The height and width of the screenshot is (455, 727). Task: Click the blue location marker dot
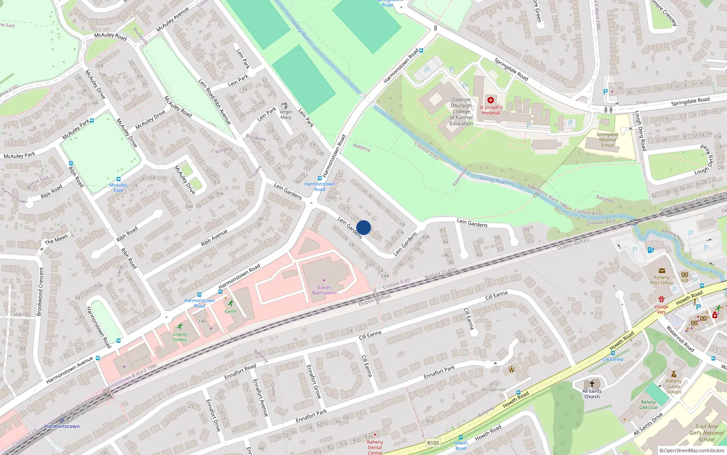tap(363, 227)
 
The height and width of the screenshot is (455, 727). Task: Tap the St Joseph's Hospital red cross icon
tap(490, 100)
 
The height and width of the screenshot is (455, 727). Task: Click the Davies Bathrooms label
tap(324, 290)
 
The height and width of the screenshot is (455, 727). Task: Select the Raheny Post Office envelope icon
tap(662, 271)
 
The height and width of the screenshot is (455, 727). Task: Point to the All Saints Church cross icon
tap(592, 384)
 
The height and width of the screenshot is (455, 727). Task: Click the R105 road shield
tap(433, 443)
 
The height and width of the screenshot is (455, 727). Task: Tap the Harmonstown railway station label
tap(62, 426)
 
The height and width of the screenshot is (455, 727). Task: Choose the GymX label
tap(230, 312)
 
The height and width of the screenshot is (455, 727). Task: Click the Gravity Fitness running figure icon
tap(180, 327)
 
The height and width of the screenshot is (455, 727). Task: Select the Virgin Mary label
tap(286, 115)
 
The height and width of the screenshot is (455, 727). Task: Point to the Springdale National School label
tap(607, 140)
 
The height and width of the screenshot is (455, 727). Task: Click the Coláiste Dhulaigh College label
tap(461, 111)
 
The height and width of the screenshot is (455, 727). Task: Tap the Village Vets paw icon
tap(661, 299)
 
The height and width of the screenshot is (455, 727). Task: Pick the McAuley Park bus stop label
tap(119, 187)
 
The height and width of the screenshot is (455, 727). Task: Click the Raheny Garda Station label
tap(673, 386)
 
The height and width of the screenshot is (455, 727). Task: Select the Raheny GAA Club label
tap(648, 405)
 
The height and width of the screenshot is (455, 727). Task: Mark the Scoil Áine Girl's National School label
tap(706, 433)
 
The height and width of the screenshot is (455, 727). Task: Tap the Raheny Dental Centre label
tap(375, 447)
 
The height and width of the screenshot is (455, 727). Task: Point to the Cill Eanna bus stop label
tap(612, 359)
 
